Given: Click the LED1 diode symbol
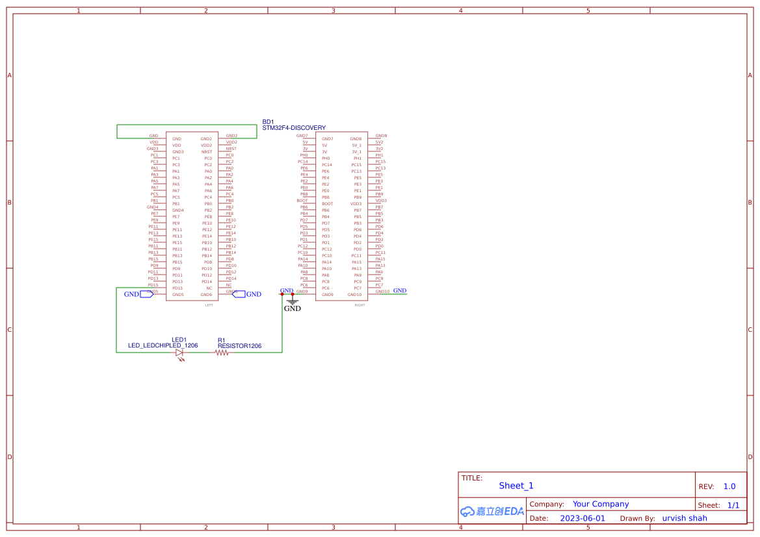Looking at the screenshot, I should click(179, 352).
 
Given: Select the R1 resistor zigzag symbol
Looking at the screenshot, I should click(222, 352).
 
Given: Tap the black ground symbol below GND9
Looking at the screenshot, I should click(293, 301).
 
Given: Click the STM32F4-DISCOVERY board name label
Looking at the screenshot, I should click(294, 128).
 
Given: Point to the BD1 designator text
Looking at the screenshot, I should click(268, 121).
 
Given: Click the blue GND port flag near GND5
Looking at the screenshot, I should click(146, 294).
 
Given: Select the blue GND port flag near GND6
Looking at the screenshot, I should click(239, 294).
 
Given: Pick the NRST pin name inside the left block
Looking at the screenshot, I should click(207, 152).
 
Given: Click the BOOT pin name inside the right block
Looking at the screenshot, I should click(328, 204).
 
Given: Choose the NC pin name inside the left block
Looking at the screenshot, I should click(209, 288).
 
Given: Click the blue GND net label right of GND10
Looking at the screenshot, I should click(400, 291).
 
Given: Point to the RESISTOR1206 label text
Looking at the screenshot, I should click(239, 346).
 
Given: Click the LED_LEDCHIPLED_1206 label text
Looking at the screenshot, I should click(163, 346).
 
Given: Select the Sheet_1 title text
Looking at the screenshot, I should click(516, 486).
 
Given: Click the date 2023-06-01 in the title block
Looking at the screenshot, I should click(583, 518).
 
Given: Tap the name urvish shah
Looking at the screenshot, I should click(685, 518).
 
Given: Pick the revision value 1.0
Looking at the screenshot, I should click(729, 486).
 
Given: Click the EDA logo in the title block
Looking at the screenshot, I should click(492, 511).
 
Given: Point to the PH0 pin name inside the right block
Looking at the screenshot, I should click(326, 158).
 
